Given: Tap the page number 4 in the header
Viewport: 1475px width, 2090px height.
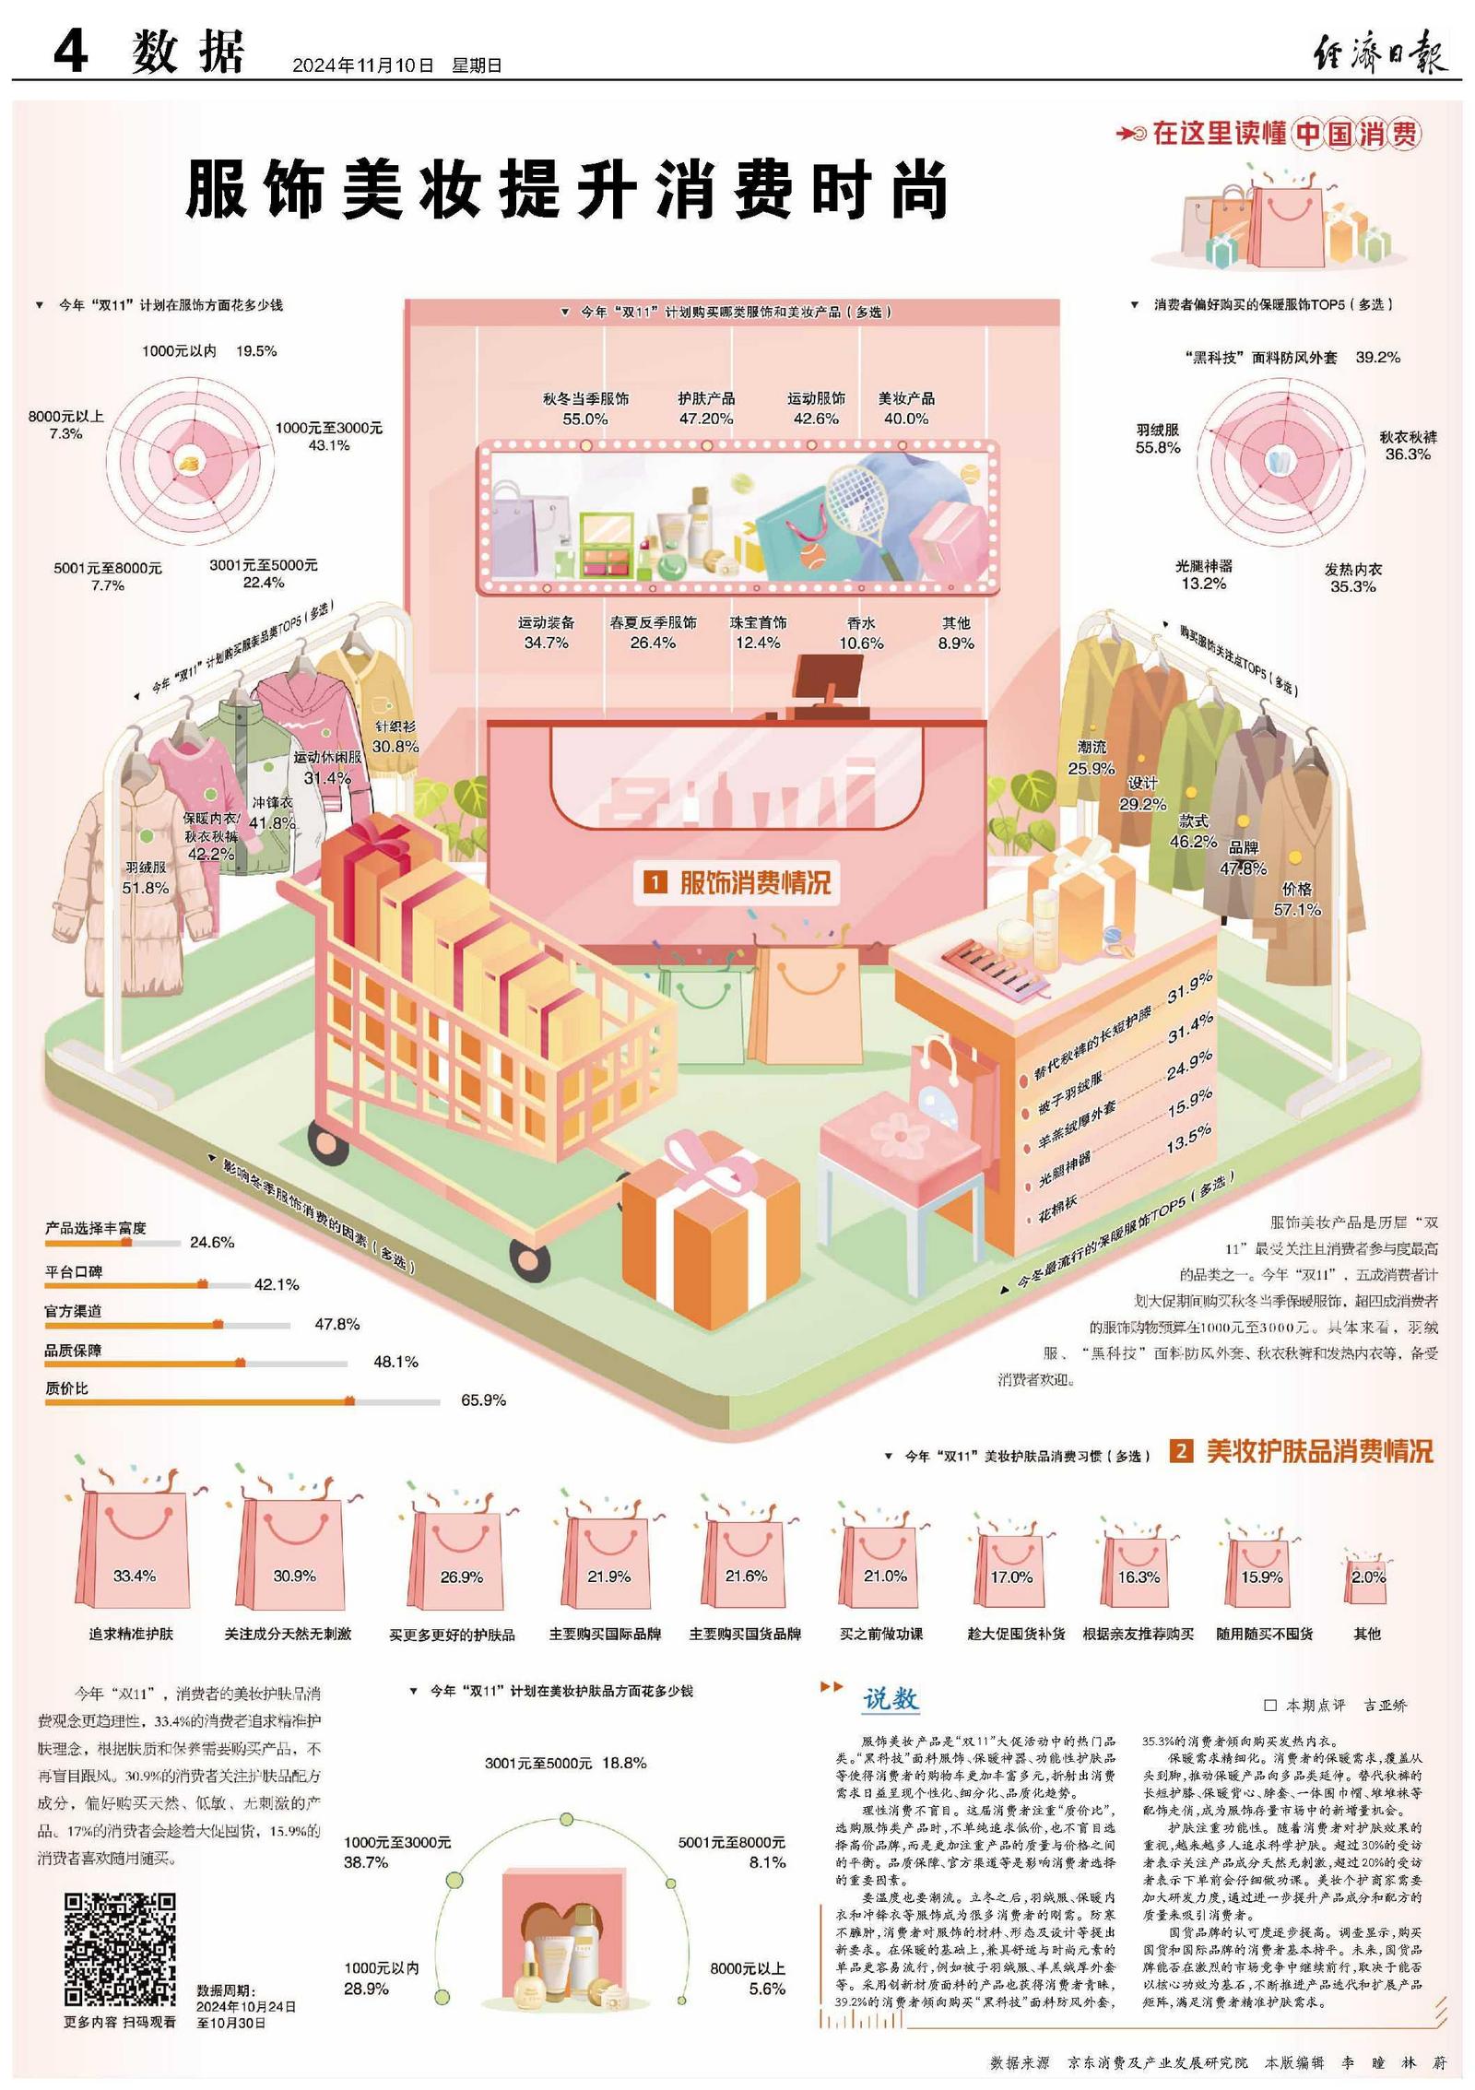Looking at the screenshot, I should point(70,51).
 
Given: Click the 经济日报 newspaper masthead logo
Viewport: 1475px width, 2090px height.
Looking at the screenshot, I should point(1379,51).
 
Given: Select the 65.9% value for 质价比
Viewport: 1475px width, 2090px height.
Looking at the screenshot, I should point(483,1400).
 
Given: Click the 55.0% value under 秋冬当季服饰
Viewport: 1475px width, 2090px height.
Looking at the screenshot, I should point(584,419).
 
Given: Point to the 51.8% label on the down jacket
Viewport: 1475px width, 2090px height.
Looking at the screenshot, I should point(146,888).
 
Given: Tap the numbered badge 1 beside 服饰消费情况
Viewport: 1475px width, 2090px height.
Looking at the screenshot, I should point(654,882).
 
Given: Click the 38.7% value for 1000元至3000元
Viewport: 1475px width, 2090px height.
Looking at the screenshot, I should point(366,1862).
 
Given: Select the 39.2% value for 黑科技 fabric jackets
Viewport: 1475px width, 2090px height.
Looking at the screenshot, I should point(1377,358).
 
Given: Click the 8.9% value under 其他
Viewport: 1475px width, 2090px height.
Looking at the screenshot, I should point(956,643).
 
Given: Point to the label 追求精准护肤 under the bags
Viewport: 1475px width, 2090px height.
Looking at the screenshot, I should point(131,1634).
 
